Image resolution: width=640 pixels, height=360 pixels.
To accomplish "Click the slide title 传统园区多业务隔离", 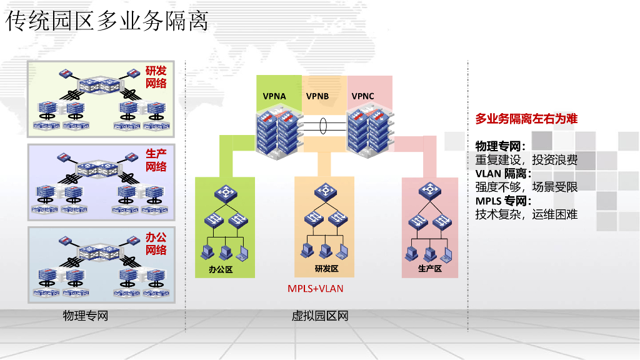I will pyautogui.click(x=107, y=21).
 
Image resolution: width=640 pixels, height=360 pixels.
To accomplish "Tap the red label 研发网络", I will pyautogui.click(x=156, y=77).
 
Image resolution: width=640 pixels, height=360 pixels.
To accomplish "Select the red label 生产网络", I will pyautogui.click(x=156, y=160).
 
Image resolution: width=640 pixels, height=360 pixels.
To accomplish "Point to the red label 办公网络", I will pyautogui.click(x=156, y=244).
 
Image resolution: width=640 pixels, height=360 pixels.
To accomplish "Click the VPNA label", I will pyautogui.click(x=274, y=96).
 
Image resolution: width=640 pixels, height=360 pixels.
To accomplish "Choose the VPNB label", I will pyautogui.click(x=317, y=96).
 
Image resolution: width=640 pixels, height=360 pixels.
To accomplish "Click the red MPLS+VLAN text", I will pyautogui.click(x=315, y=289).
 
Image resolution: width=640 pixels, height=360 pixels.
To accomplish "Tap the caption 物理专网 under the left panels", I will pyautogui.click(x=86, y=316).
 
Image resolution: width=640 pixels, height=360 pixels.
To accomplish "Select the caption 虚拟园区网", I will pyautogui.click(x=320, y=316).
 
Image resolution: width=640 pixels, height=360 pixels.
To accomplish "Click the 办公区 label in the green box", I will pyautogui.click(x=221, y=269).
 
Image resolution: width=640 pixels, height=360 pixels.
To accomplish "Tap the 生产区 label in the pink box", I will pyautogui.click(x=430, y=269).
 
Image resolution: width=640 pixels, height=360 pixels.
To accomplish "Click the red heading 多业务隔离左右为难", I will pyautogui.click(x=526, y=119).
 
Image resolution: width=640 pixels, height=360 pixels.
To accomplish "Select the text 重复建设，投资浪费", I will pyautogui.click(x=526, y=160).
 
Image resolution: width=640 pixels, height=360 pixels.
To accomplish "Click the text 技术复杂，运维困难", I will pyautogui.click(x=526, y=214).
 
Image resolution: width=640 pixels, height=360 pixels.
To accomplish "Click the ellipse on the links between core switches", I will pyautogui.click(x=323, y=126).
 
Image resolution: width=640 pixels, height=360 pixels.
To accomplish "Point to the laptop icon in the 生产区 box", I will pyautogui.click(x=446, y=254).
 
